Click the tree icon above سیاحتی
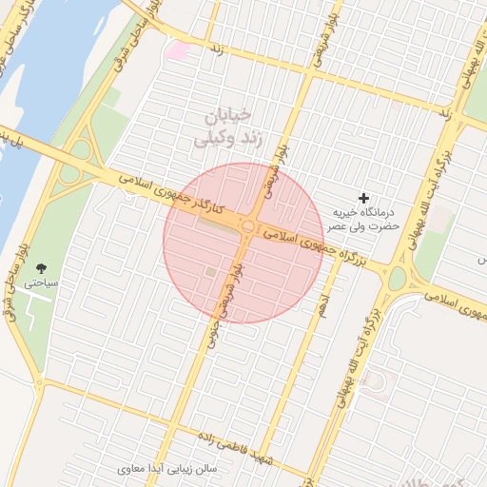point(40,267)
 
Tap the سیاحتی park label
point(41,282)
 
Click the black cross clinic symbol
point(362,198)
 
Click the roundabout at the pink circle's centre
point(248,226)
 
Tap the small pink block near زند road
point(177,49)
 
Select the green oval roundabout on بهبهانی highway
point(397,279)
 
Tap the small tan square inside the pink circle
point(210,273)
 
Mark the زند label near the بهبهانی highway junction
point(444,113)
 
